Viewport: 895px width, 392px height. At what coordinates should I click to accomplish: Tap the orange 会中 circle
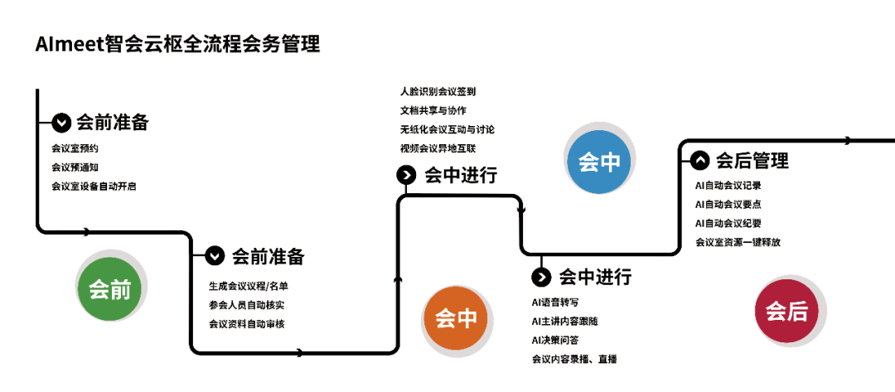click(456, 317)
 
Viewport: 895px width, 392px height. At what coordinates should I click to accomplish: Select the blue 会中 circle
click(598, 162)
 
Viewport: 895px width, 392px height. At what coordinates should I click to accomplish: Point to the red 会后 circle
click(786, 311)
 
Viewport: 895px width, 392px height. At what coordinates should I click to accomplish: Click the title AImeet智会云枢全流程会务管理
click(177, 44)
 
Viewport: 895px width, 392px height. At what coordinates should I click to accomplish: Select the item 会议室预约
click(75, 148)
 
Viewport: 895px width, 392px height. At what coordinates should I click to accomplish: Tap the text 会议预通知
click(75, 167)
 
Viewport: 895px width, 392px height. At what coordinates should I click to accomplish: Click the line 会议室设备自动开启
click(94, 186)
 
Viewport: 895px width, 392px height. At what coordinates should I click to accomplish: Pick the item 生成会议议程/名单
click(249, 286)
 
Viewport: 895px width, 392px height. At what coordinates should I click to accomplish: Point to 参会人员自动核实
click(247, 305)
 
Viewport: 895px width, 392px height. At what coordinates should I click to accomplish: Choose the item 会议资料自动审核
click(247, 324)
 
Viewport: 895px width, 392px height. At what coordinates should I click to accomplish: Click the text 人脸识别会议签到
click(438, 91)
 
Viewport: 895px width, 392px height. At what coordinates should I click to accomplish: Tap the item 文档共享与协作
click(433, 110)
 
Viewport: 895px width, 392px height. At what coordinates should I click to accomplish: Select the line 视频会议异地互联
click(438, 148)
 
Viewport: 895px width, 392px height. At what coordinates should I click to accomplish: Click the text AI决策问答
click(554, 340)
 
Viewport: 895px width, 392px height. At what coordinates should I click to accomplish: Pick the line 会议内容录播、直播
click(574, 359)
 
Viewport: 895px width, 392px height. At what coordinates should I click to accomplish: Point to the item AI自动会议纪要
click(728, 223)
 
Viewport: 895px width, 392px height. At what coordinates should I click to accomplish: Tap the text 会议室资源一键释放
click(738, 242)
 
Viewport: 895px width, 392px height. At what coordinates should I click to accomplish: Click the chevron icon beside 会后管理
click(699, 160)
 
